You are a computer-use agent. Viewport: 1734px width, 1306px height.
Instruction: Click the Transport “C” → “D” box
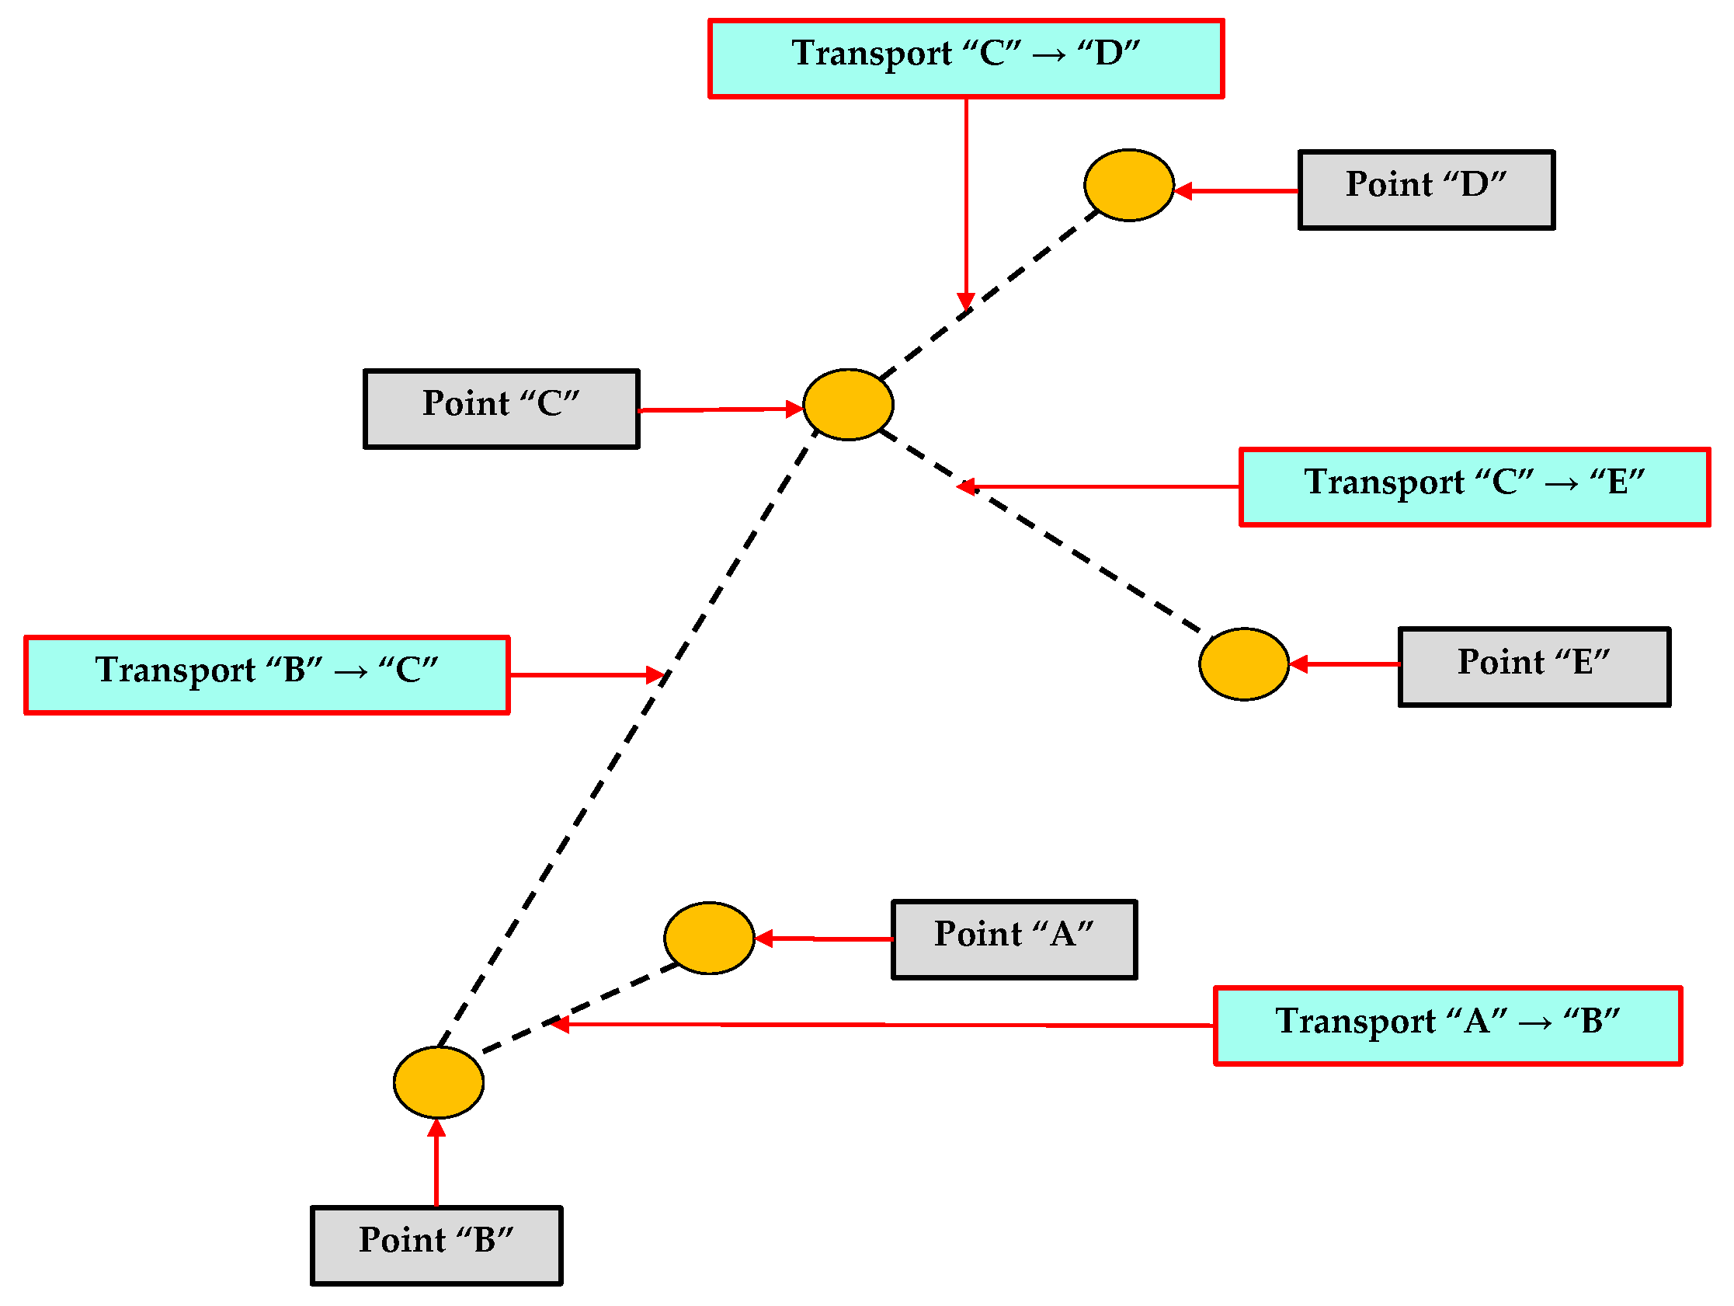966,59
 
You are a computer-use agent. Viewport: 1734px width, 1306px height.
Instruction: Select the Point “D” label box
1426,190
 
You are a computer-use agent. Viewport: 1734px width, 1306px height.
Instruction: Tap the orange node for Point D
1129,185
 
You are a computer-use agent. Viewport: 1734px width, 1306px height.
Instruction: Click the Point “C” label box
501,409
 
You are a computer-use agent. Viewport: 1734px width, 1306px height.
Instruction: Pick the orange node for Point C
848,405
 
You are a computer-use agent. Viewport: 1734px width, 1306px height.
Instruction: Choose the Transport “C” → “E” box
1475,487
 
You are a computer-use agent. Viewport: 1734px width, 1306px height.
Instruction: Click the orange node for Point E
1243,663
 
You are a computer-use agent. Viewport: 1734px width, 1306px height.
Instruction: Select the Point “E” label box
1534,667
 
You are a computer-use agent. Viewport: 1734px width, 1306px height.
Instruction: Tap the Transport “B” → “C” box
266,674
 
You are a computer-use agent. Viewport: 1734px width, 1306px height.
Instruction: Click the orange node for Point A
709,938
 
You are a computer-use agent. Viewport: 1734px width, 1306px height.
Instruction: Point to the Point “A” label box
1013,940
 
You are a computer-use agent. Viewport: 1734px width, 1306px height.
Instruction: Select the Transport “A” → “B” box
1447,1026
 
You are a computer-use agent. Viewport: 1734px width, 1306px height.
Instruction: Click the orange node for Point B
438,1082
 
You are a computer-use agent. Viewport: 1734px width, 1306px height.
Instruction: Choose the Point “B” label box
436,1245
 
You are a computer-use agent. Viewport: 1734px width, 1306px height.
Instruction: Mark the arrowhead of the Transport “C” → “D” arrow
966,303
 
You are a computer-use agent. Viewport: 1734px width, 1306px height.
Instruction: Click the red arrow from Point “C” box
718,409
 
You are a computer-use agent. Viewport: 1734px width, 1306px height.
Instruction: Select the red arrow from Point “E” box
1344,664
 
